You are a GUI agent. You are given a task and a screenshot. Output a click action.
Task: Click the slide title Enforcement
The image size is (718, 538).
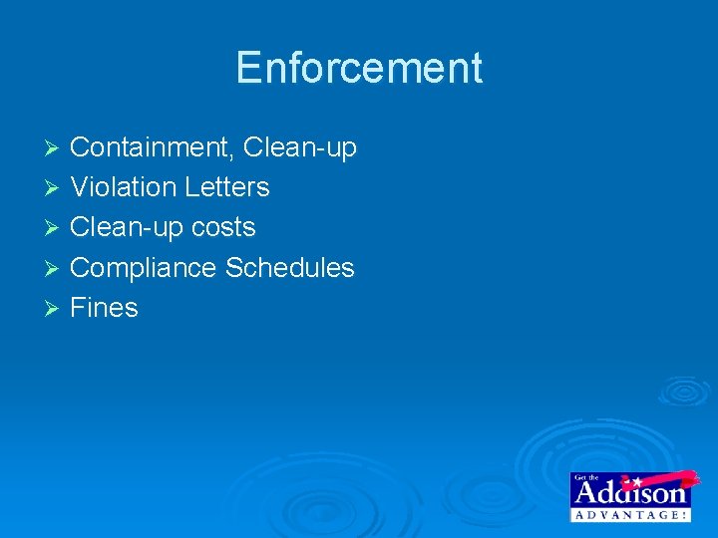point(359,68)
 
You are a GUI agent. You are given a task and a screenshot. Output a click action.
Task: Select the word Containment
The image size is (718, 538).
point(150,147)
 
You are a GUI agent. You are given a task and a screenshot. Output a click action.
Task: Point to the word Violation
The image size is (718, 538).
point(124,187)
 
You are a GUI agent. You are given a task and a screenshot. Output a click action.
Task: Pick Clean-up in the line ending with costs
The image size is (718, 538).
point(128,228)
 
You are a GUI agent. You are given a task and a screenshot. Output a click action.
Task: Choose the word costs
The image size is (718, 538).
point(224,228)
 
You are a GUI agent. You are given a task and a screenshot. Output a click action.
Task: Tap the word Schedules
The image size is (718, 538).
point(290,268)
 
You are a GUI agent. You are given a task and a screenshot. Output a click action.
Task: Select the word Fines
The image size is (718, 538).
point(104,308)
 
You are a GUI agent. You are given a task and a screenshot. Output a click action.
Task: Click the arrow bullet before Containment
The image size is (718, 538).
point(55,148)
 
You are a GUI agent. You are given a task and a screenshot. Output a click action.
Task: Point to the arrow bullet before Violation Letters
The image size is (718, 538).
point(55,188)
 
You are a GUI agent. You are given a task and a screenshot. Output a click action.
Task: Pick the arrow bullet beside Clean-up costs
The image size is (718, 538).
point(55,228)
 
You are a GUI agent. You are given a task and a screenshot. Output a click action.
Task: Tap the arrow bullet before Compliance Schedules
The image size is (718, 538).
point(55,269)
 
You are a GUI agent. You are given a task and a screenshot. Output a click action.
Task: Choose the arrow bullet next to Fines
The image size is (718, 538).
point(55,309)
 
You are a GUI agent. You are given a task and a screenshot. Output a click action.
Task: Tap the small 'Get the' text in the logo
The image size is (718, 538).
point(586,477)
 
